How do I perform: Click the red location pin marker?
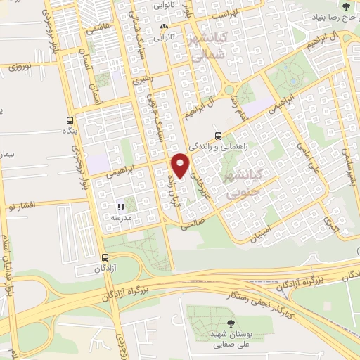tap(182, 166)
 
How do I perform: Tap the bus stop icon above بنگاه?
tap(69, 119)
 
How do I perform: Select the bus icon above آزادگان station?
tap(105, 257)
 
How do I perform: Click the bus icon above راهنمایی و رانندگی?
tap(218, 135)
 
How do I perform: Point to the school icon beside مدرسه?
tap(121, 207)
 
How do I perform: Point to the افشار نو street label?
tap(22, 205)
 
